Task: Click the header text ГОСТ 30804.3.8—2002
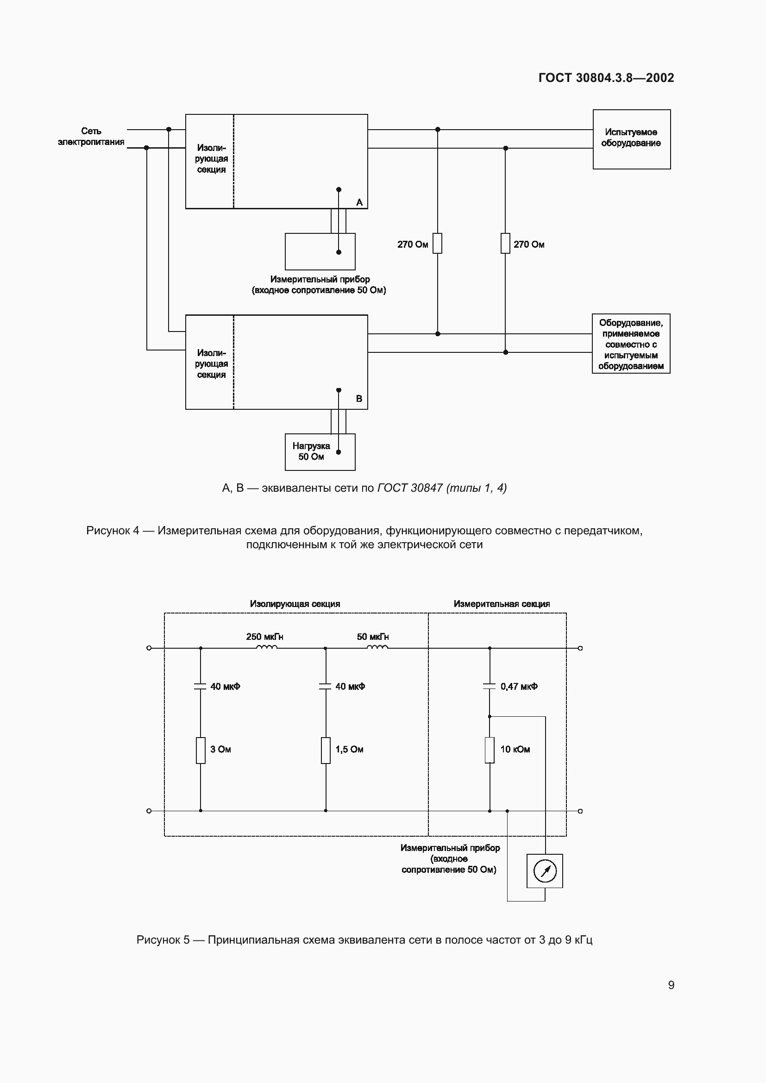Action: pyautogui.click(x=606, y=78)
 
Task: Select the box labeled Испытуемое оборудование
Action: pyautogui.click(x=631, y=139)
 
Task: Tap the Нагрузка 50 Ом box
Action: pyautogui.click(x=320, y=452)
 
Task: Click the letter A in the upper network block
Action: pyautogui.click(x=359, y=202)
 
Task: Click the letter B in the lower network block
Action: pyautogui.click(x=359, y=399)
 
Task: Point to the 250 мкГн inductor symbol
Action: pyautogui.click(x=266, y=647)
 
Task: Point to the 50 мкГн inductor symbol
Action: pyautogui.click(x=377, y=647)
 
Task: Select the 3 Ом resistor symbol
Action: pyautogui.click(x=201, y=750)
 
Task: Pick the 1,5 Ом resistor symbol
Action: pyautogui.click(x=326, y=750)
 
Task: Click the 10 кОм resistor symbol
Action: pyautogui.click(x=490, y=750)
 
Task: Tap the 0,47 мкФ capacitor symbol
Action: pyautogui.click(x=490, y=686)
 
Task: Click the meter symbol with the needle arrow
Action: pyautogui.click(x=545, y=871)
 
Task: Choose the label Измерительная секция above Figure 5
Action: pyautogui.click(x=502, y=604)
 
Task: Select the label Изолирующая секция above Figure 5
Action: pyautogui.click(x=295, y=604)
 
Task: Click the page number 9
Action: pyautogui.click(x=671, y=985)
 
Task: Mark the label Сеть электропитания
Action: pyautogui.click(x=91, y=136)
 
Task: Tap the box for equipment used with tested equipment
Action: pyautogui.click(x=631, y=344)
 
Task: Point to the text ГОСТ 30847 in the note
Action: pyautogui.click(x=410, y=488)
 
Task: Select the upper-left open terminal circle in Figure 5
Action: pyautogui.click(x=149, y=648)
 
